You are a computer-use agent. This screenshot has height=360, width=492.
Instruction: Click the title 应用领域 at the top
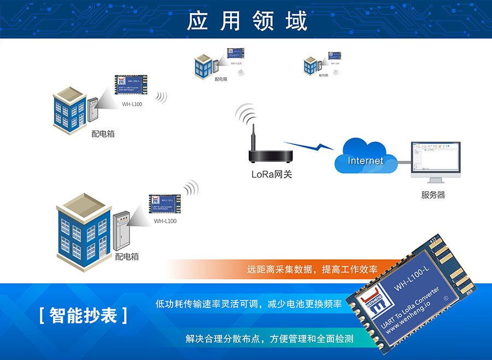point(247,20)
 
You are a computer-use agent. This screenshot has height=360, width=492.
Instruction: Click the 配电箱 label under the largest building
point(127,256)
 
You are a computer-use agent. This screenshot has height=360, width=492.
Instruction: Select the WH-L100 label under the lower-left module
point(165,221)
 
